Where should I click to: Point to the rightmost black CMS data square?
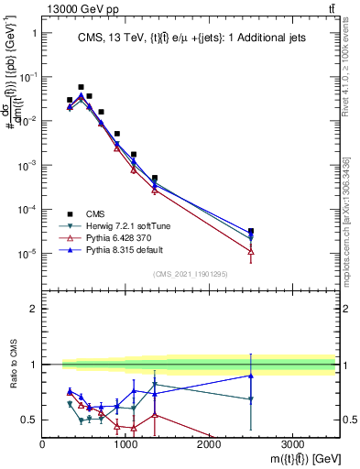click(x=251, y=231)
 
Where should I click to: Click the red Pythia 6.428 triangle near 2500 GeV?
click(x=251, y=251)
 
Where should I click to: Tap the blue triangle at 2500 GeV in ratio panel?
click(x=251, y=376)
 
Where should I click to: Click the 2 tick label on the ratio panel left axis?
click(x=33, y=309)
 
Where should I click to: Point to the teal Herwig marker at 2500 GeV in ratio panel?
click(x=251, y=399)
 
